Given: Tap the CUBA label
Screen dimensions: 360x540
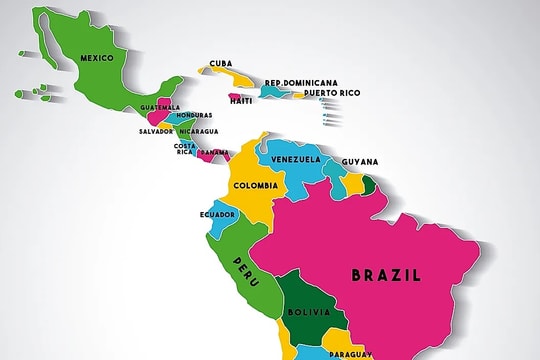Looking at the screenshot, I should coord(221,62).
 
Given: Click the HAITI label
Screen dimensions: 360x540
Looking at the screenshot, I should coord(241,100).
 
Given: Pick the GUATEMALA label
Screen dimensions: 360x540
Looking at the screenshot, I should coord(160,107).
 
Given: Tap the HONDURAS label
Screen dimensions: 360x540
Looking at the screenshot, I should coord(194,115).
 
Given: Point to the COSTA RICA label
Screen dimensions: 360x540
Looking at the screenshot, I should coord(184,149).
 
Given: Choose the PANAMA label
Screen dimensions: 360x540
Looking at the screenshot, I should coord(213,153).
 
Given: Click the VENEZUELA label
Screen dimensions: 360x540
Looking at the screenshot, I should coord(295,159).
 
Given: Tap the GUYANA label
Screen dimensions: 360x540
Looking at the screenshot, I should coord(359,161).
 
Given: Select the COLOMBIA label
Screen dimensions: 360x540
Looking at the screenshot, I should coord(256,186).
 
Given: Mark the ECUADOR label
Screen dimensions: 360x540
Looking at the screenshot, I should coord(217,215).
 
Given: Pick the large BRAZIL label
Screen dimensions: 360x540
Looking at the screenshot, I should coord(385,274).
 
